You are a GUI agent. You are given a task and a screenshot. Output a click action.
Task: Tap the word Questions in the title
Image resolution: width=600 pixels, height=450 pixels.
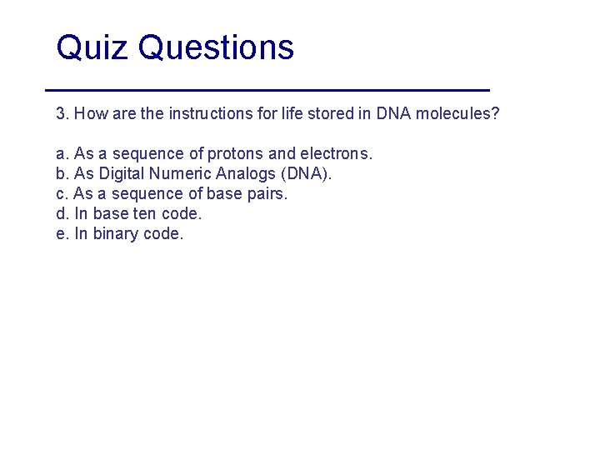(x=217, y=48)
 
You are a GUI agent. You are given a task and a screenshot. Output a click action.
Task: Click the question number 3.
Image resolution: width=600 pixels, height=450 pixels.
(x=61, y=113)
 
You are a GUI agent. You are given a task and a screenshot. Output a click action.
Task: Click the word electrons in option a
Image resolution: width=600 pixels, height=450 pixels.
(x=335, y=154)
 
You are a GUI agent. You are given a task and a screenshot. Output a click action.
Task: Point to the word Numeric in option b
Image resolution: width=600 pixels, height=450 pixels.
(x=181, y=174)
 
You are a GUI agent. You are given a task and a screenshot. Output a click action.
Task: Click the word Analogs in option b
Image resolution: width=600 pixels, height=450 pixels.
(x=247, y=174)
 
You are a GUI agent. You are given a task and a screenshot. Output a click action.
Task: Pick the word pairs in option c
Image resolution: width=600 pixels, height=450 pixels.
(x=267, y=194)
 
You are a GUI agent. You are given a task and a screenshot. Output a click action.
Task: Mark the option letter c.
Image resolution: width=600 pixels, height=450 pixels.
(x=60, y=194)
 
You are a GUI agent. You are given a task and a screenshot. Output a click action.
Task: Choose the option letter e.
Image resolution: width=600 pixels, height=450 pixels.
(x=61, y=234)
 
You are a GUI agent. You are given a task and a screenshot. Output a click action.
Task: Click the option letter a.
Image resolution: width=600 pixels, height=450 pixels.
(x=61, y=154)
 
